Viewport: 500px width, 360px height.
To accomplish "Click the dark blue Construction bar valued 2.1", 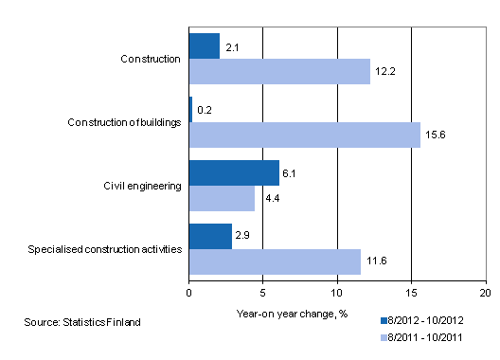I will (x=205, y=45).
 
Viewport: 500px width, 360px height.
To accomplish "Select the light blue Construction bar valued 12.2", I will (x=279, y=72).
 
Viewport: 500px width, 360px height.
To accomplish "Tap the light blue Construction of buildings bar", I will (x=304, y=135).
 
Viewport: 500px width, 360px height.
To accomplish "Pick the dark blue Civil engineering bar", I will (x=234, y=172).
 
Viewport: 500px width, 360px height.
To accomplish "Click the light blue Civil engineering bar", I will (x=222, y=199).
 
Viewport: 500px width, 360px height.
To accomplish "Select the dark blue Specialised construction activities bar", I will (x=210, y=236).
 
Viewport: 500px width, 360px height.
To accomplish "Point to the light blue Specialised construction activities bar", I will (x=275, y=261).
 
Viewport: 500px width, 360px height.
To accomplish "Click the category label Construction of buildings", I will (x=125, y=122).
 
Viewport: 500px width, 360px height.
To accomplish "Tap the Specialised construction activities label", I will (x=104, y=249).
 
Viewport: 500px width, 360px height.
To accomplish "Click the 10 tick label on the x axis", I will (x=337, y=293).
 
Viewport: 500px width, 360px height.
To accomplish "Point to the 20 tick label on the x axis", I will (x=485, y=293).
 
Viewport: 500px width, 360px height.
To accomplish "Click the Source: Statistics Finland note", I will (x=83, y=323).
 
